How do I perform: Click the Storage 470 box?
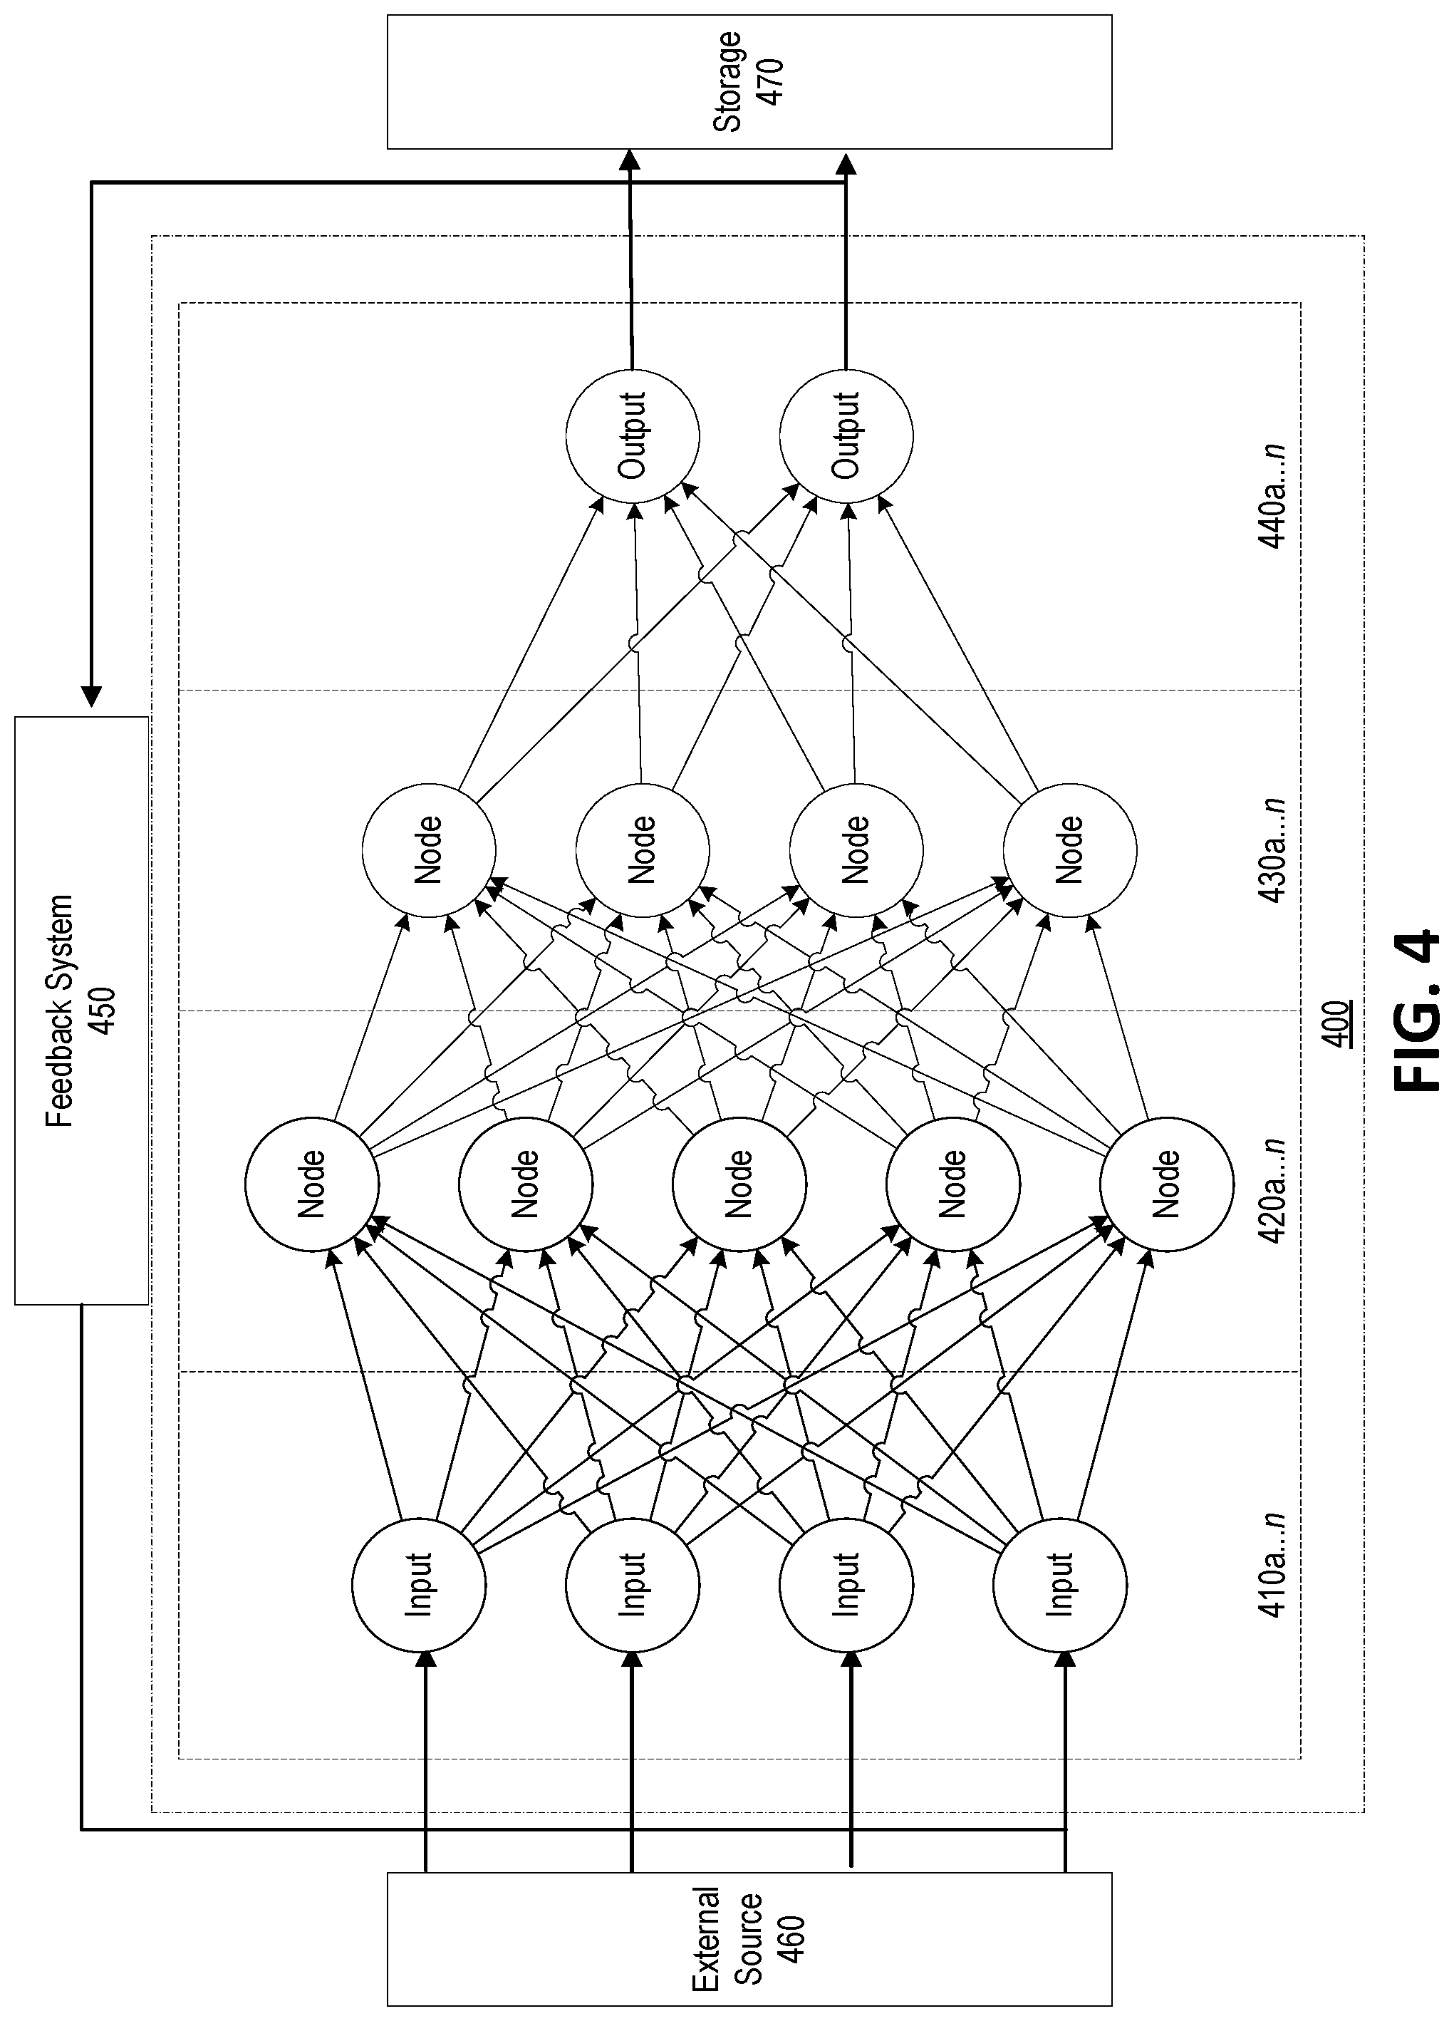click(749, 81)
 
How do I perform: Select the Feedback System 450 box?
click(81, 1010)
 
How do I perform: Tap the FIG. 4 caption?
click(1413, 1010)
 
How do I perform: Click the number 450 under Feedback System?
click(103, 1010)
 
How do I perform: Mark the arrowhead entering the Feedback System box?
click(91, 698)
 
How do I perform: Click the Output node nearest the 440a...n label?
click(846, 435)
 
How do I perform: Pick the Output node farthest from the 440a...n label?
click(633, 435)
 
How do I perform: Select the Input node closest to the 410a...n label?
click(1061, 1586)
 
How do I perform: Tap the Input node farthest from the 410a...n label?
click(419, 1586)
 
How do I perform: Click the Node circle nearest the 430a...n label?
click(1070, 850)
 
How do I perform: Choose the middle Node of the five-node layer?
click(739, 1184)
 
